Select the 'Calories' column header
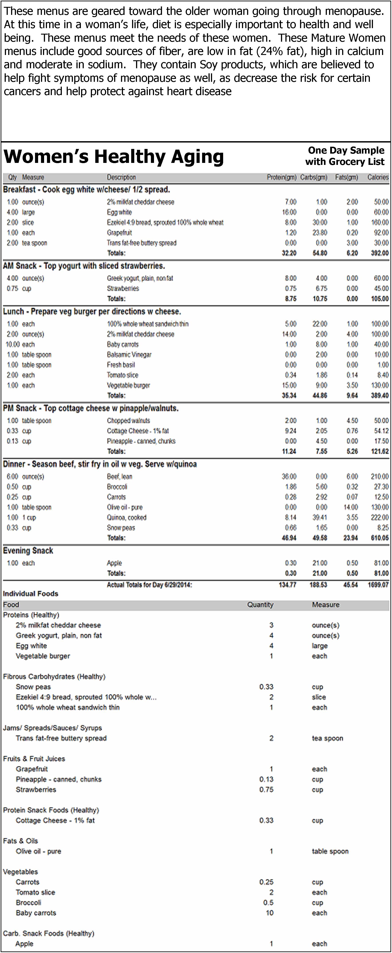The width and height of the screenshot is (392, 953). [x=378, y=177]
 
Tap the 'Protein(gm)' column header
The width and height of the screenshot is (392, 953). [x=281, y=177]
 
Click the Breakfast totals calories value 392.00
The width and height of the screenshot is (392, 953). [x=380, y=253]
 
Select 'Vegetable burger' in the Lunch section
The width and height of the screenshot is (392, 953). [x=128, y=385]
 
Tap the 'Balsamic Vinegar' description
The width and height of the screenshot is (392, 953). [x=129, y=354]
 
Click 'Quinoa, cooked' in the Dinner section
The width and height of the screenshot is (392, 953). [x=127, y=517]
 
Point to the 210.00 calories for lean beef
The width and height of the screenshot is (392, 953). [x=381, y=476]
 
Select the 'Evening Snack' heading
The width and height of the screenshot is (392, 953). [x=28, y=551]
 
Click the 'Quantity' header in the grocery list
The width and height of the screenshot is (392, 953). [x=260, y=605]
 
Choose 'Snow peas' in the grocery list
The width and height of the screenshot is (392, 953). [x=33, y=687]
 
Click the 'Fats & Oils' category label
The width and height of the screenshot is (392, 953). [x=20, y=841]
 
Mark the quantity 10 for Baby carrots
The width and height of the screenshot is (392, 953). [x=270, y=913]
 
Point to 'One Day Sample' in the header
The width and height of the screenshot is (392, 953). [x=346, y=150]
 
